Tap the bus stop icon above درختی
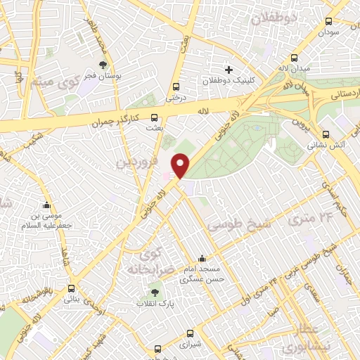tap(176, 87)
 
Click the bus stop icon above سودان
tap(328, 22)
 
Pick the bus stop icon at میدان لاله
tap(294, 58)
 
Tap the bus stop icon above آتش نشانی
tap(325, 134)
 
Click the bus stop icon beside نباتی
tap(71, 288)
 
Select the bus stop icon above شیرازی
tap(190, 335)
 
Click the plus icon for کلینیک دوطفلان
tap(229, 70)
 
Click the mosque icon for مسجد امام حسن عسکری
tap(202, 259)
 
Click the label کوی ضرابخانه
tap(149, 262)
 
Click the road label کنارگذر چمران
tap(117, 120)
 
